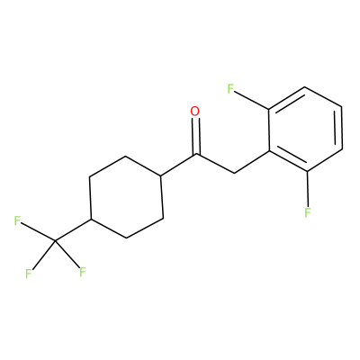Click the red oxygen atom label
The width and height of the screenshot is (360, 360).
(x=195, y=112)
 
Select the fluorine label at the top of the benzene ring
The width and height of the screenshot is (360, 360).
(x=230, y=89)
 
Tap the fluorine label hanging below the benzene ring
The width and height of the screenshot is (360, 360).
(x=307, y=212)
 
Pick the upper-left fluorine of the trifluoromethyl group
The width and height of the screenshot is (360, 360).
(x=17, y=220)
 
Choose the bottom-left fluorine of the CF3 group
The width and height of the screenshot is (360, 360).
(x=29, y=274)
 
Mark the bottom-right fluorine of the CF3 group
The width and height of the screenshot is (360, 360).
(x=83, y=272)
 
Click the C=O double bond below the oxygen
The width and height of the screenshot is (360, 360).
(x=196, y=137)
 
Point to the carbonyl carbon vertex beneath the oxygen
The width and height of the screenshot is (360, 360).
(x=197, y=154)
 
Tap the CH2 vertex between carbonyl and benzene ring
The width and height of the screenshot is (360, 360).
(x=233, y=173)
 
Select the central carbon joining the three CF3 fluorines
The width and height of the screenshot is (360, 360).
(x=55, y=240)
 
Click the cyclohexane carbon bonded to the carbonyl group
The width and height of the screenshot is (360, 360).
(x=161, y=175)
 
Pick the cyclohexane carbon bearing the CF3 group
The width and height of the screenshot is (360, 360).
(x=91, y=220)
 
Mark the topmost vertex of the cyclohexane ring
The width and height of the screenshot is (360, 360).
(x=125, y=157)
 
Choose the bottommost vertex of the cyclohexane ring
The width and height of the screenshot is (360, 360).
(x=127, y=238)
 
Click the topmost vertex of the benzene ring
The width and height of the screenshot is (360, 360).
(x=305, y=87)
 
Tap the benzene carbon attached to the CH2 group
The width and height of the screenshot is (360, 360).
(x=269, y=151)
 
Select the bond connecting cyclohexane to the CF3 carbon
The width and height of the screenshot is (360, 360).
(x=73, y=230)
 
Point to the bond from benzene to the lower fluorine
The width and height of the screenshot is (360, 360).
(x=308, y=188)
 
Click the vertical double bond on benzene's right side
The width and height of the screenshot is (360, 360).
(x=339, y=127)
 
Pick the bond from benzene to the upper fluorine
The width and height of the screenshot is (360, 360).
(x=252, y=101)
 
